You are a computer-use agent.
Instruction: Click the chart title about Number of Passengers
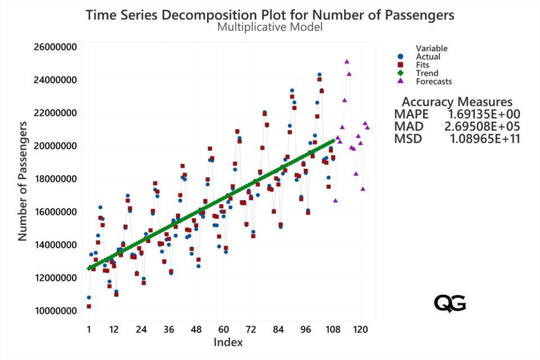(x=270, y=15)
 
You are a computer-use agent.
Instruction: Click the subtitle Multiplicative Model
(x=270, y=27)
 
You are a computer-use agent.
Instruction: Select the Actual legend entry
(x=427, y=56)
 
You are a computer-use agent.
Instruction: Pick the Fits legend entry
(x=423, y=65)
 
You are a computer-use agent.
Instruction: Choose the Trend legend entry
(x=426, y=73)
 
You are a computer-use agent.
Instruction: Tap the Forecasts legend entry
(x=433, y=82)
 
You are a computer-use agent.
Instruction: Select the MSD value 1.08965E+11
(x=485, y=137)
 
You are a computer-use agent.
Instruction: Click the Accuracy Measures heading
(x=457, y=102)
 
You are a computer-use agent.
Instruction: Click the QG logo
(x=450, y=303)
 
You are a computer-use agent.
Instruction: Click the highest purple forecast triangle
(x=347, y=62)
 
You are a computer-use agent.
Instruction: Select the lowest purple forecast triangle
(x=335, y=200)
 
